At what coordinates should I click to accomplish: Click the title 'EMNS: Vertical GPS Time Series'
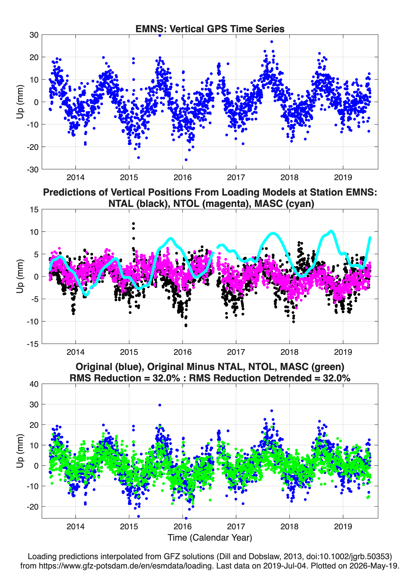tap(210, 29)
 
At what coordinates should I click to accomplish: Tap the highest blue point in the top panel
tap(160, 35)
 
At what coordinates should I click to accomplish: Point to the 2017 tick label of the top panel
tap(236, 177)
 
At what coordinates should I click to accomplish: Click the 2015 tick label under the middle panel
tap(129, 352)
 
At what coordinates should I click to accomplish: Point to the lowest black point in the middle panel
tap(186, 326)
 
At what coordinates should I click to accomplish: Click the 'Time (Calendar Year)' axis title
tap(210, 538)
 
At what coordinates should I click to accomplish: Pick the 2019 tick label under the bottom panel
tap(343, 526)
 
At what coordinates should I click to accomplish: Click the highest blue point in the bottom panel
tap(160, 405)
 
